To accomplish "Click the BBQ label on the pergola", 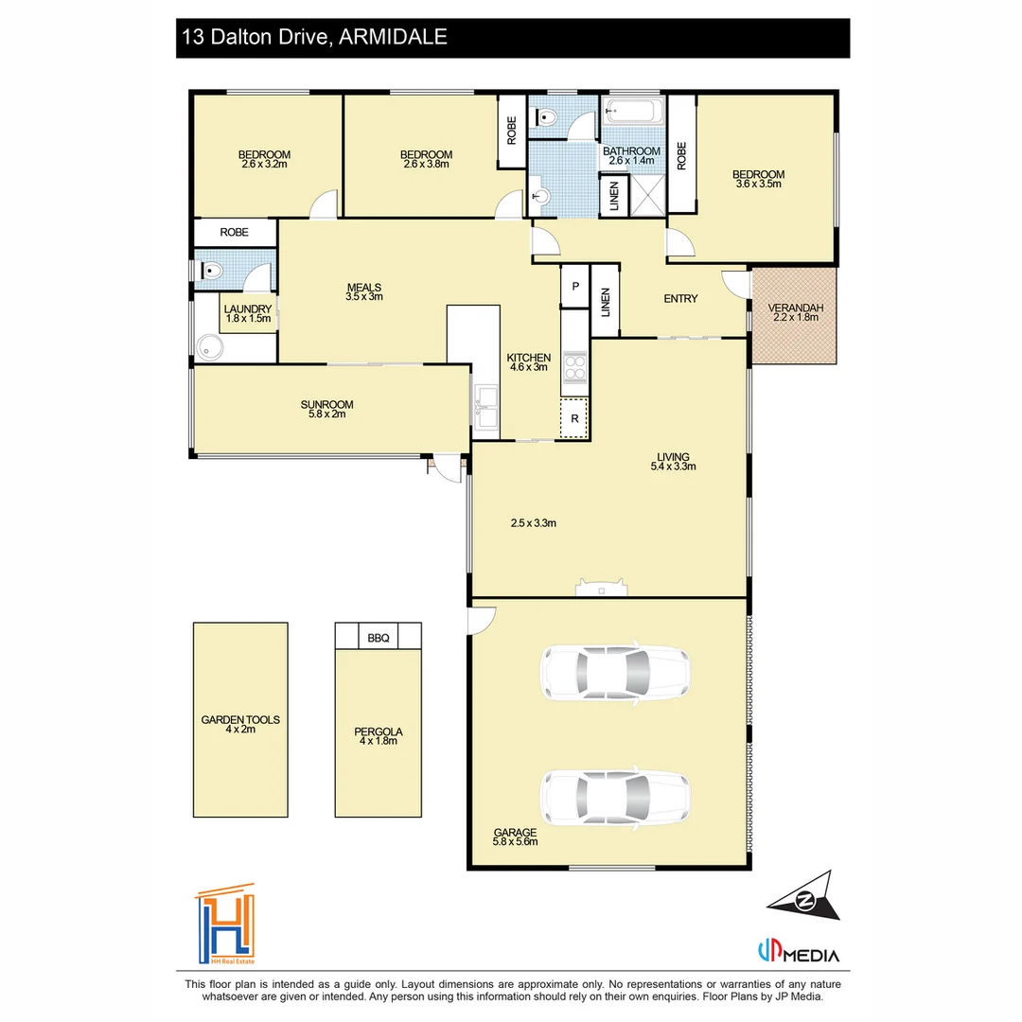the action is pos(378,638).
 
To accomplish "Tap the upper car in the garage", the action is pos(615,674).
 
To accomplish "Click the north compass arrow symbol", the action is pos(805,898).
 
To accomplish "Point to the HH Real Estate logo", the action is pos(225,925).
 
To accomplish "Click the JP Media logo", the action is pos(799,953).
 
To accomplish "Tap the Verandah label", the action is pos(795,308).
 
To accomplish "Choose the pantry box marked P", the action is pos(575,286).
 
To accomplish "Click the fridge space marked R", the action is pos(574,418).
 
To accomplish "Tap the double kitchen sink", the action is pos(485,407).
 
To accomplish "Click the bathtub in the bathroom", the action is pos(633,111).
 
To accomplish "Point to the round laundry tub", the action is pos(210,347).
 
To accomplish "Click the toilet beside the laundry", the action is pos(212,270).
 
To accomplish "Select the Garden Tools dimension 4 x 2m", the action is pos(240,730).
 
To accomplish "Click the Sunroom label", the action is pos(326,405).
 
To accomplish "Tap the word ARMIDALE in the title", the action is pos(393,37).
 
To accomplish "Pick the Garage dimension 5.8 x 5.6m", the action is pos(515,841).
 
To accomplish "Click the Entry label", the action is pos(680,298).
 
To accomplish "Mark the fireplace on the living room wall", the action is pos(602,588).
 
